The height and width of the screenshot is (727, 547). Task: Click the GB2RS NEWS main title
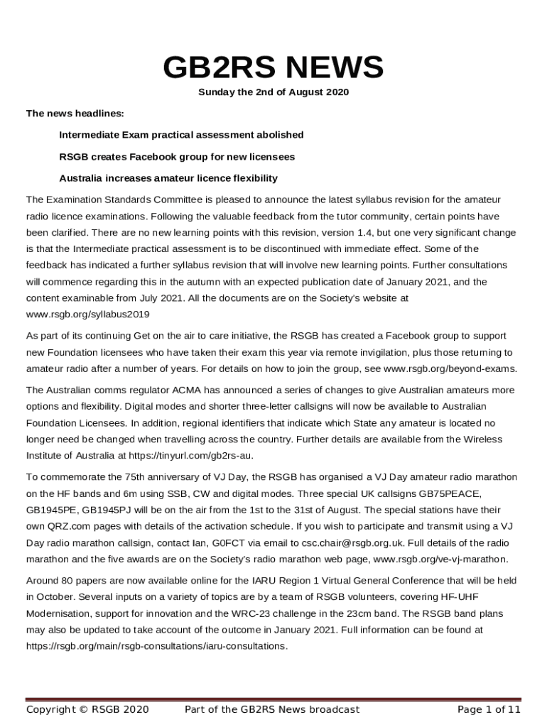273,68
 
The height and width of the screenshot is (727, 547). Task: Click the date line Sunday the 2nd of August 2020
273,92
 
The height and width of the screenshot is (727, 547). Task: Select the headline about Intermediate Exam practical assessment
181,135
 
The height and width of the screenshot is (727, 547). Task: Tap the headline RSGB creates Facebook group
177,156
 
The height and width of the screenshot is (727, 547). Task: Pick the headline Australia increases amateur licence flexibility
168,177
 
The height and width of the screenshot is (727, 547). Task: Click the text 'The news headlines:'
65,114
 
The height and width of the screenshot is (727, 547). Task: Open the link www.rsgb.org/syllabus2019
88,315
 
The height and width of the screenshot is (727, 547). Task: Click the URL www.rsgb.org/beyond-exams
450,368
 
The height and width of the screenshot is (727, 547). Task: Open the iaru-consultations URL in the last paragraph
157,646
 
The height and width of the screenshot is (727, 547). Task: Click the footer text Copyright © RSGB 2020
87,709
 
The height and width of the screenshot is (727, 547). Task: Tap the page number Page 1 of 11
489,709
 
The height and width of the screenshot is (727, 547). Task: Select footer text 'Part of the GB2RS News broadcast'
272,709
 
